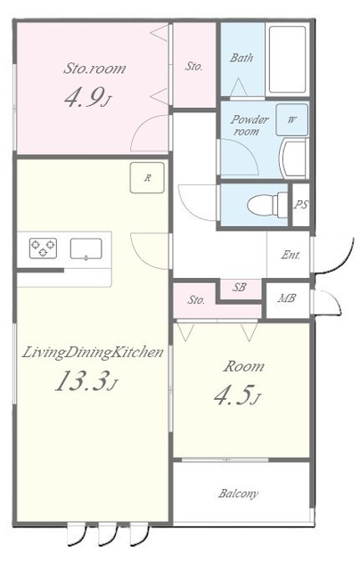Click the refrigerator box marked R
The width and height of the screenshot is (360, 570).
(147, 178)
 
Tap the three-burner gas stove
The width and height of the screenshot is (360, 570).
(43, 248)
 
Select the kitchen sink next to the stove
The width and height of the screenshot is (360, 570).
(86, 248)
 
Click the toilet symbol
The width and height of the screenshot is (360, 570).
(267, 205)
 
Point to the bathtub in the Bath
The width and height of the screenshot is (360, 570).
(287, 60)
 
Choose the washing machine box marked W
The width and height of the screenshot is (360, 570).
(291, 119)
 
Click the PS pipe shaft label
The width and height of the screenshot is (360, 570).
(300, 205)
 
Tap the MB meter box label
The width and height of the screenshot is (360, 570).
(287, 298)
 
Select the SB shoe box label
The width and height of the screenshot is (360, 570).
(239, 288)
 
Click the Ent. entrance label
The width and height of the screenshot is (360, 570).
(290, 256)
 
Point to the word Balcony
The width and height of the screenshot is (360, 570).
(239, 493)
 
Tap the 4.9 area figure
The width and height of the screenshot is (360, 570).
(83, 97)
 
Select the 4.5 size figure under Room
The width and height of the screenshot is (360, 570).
(233, 395)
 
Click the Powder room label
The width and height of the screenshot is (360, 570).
(250, 125)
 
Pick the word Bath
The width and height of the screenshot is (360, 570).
(241, 57)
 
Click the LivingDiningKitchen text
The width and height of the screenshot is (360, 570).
(93, 353)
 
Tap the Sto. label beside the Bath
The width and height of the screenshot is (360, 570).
(194, 66)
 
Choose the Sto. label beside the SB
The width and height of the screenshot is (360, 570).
(196, 300)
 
